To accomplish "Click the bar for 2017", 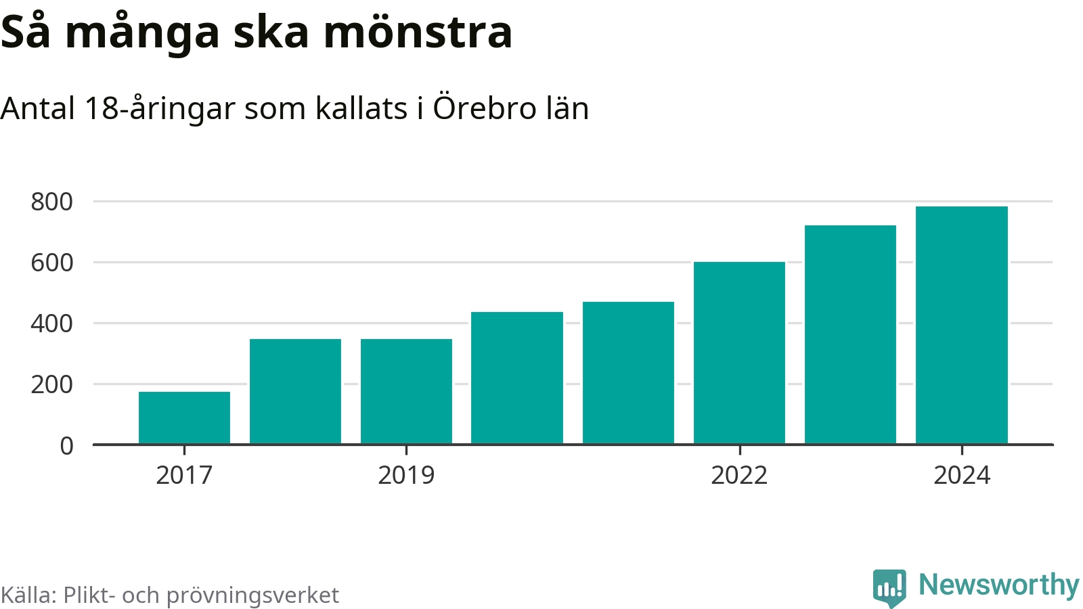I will tap(184, 418).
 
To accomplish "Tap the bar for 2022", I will tap(739, 353).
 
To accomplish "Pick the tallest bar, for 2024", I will tap(961, 325).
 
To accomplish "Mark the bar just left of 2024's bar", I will tap(850, 334).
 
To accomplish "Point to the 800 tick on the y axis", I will tap(52, 202).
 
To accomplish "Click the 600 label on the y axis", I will tap(52, 263).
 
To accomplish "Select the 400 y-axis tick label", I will tap(52, 323).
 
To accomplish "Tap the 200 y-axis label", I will tap(52, 384).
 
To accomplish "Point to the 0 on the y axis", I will tap(66, 446).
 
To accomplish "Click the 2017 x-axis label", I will tap(184, 475).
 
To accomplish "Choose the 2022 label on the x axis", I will tap(739, 475).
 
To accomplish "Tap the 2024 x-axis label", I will tap(961, 475).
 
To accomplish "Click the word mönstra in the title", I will tap(418, 32).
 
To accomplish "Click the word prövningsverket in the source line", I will tap(252, 595).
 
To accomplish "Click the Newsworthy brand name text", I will tap(998, 585).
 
